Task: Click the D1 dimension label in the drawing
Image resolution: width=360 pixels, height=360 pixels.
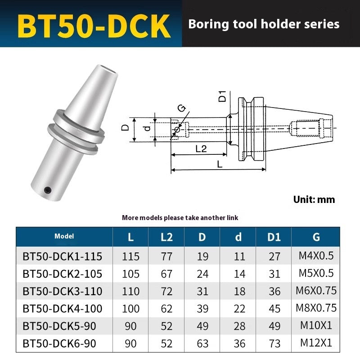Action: [222, 96]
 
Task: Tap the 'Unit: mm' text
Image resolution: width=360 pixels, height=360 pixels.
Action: [314, 199]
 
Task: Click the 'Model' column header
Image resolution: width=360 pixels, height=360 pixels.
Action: [64, 236]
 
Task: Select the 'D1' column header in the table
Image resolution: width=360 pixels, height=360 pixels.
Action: [274, 237]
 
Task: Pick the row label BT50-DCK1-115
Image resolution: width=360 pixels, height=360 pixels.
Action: [62, 256]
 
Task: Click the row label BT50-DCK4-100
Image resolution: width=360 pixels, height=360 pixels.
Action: [62, 309]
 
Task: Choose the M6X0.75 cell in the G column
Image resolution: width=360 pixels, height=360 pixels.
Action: [316, 291]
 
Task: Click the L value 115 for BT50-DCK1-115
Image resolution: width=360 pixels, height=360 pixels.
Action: [130, 256]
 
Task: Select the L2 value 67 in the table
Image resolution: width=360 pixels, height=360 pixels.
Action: [166, 274]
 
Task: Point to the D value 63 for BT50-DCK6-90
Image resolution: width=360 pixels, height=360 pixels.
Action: [202, 344]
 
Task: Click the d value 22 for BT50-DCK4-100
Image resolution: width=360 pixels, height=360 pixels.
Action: [239, 309]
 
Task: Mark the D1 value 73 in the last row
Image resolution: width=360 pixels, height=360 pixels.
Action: [274, 344]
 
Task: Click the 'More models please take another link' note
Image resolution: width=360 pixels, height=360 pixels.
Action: [180, 218]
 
